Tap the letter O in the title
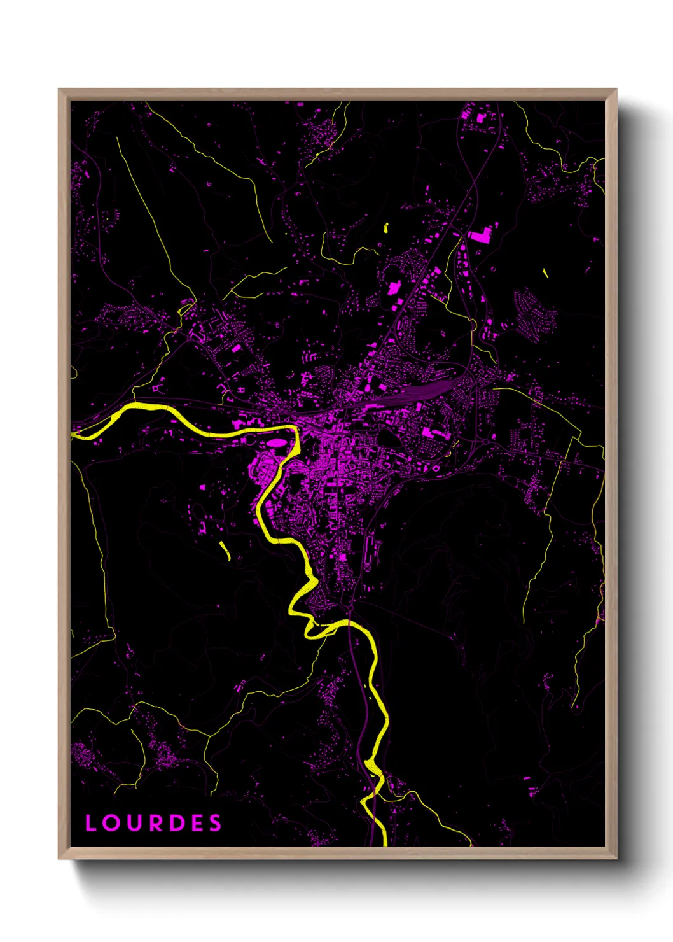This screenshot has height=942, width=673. click(x=111, y=823)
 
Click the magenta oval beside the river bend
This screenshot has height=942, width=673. click(x=276, y=442)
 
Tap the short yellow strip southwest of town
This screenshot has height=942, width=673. click(x=225, y=551)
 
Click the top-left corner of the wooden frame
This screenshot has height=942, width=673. click(x=59, y=90)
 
